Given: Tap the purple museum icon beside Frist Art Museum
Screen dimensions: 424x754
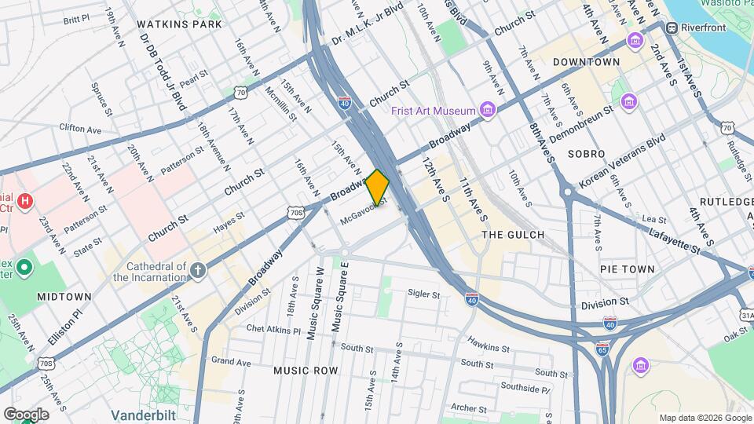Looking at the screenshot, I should pyautogui.click(x=489, y=108).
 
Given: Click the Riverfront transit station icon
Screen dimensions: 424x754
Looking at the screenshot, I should pyautogui.click(x=672, y=27).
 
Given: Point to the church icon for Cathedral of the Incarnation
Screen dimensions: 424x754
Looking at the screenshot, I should pyautogui.click(x=198, y=272).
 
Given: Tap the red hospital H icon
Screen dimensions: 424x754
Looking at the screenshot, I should pyautogui.click(x=25, y=202).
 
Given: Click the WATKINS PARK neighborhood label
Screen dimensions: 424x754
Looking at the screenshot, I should pyautogui.click(x=180, y=24).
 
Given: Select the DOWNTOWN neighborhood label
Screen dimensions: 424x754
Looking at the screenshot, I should pyautogui.click(x=586, y=61).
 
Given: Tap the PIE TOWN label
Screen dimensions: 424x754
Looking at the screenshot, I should pyautogui.click(x=627, y=269).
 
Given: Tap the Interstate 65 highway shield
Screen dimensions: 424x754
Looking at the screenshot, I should pyautogui.click(x=602, y=349).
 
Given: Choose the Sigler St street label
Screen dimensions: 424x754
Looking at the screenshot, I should pyautogui.click(x=424, y=294).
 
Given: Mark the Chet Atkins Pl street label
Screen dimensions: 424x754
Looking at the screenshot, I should pyautogui.click(x=273, y=330).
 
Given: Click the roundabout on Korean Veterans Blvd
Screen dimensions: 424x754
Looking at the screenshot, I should pyautogui.click(x=567, y=191).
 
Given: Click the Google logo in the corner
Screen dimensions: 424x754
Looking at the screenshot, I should pyautogui.click(x=26, y=414).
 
